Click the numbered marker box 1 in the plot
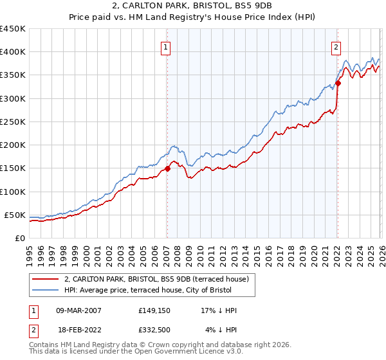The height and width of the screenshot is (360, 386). coord(166,47)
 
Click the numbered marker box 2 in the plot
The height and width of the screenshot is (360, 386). coord(336,47)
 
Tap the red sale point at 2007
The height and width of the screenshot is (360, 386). coord(167,168)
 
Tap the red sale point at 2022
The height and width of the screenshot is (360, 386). coord(337,83)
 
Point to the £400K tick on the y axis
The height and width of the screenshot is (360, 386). coord(13,52)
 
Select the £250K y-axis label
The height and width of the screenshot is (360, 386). coord(13,122)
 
